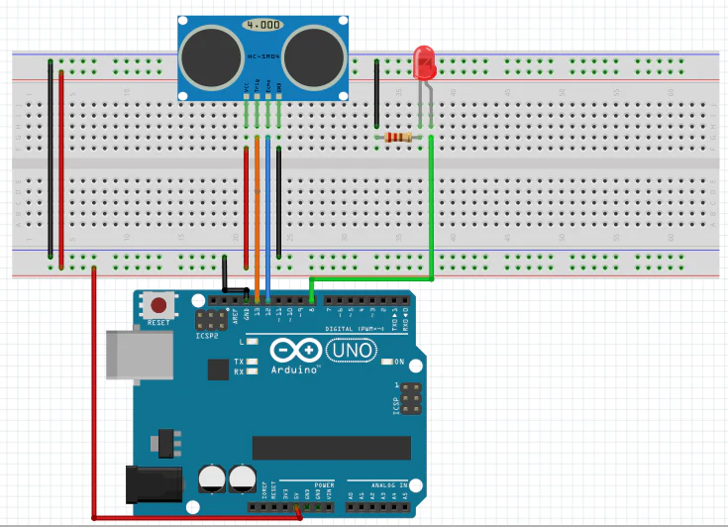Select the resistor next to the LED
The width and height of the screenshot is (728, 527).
399,137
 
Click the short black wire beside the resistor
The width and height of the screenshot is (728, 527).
376,94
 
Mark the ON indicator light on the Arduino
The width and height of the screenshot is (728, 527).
386,362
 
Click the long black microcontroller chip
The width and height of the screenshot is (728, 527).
331,448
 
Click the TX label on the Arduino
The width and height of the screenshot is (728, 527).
239,362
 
